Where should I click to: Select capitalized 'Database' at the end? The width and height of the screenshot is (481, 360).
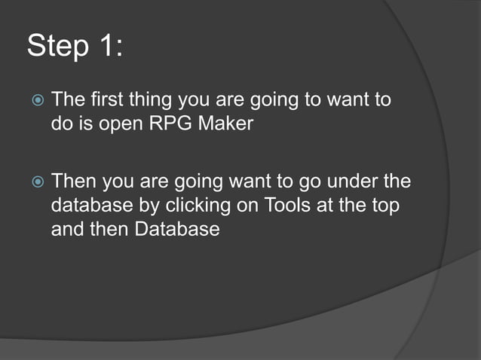[x=177, y=228]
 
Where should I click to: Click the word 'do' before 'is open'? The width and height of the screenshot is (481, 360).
[x=61, y=123]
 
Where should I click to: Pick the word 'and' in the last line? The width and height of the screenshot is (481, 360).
[x=66, y=228]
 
